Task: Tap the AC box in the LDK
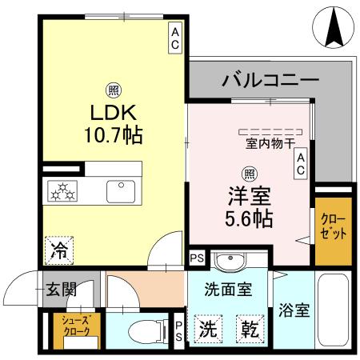click(x=174, y=38)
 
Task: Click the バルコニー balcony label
click(x=270, y=80)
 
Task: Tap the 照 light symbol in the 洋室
click(x=249, y=172)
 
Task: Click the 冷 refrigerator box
click(x=59, y=248)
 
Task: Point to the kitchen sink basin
click(x=120, y=191)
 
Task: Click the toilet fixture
click(x=142, y=330)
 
